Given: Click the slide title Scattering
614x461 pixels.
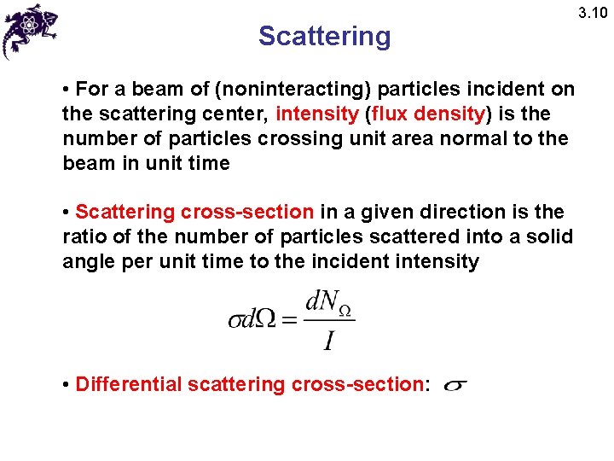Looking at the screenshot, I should (x=324, y=36).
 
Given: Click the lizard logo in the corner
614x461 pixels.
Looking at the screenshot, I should (x=30, y=29).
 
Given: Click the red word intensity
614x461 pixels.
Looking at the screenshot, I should (x=316, y=114).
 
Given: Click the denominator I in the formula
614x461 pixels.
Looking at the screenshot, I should (x=328, y=341).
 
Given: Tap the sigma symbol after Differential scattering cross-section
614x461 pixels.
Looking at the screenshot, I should (x=455, y=386).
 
